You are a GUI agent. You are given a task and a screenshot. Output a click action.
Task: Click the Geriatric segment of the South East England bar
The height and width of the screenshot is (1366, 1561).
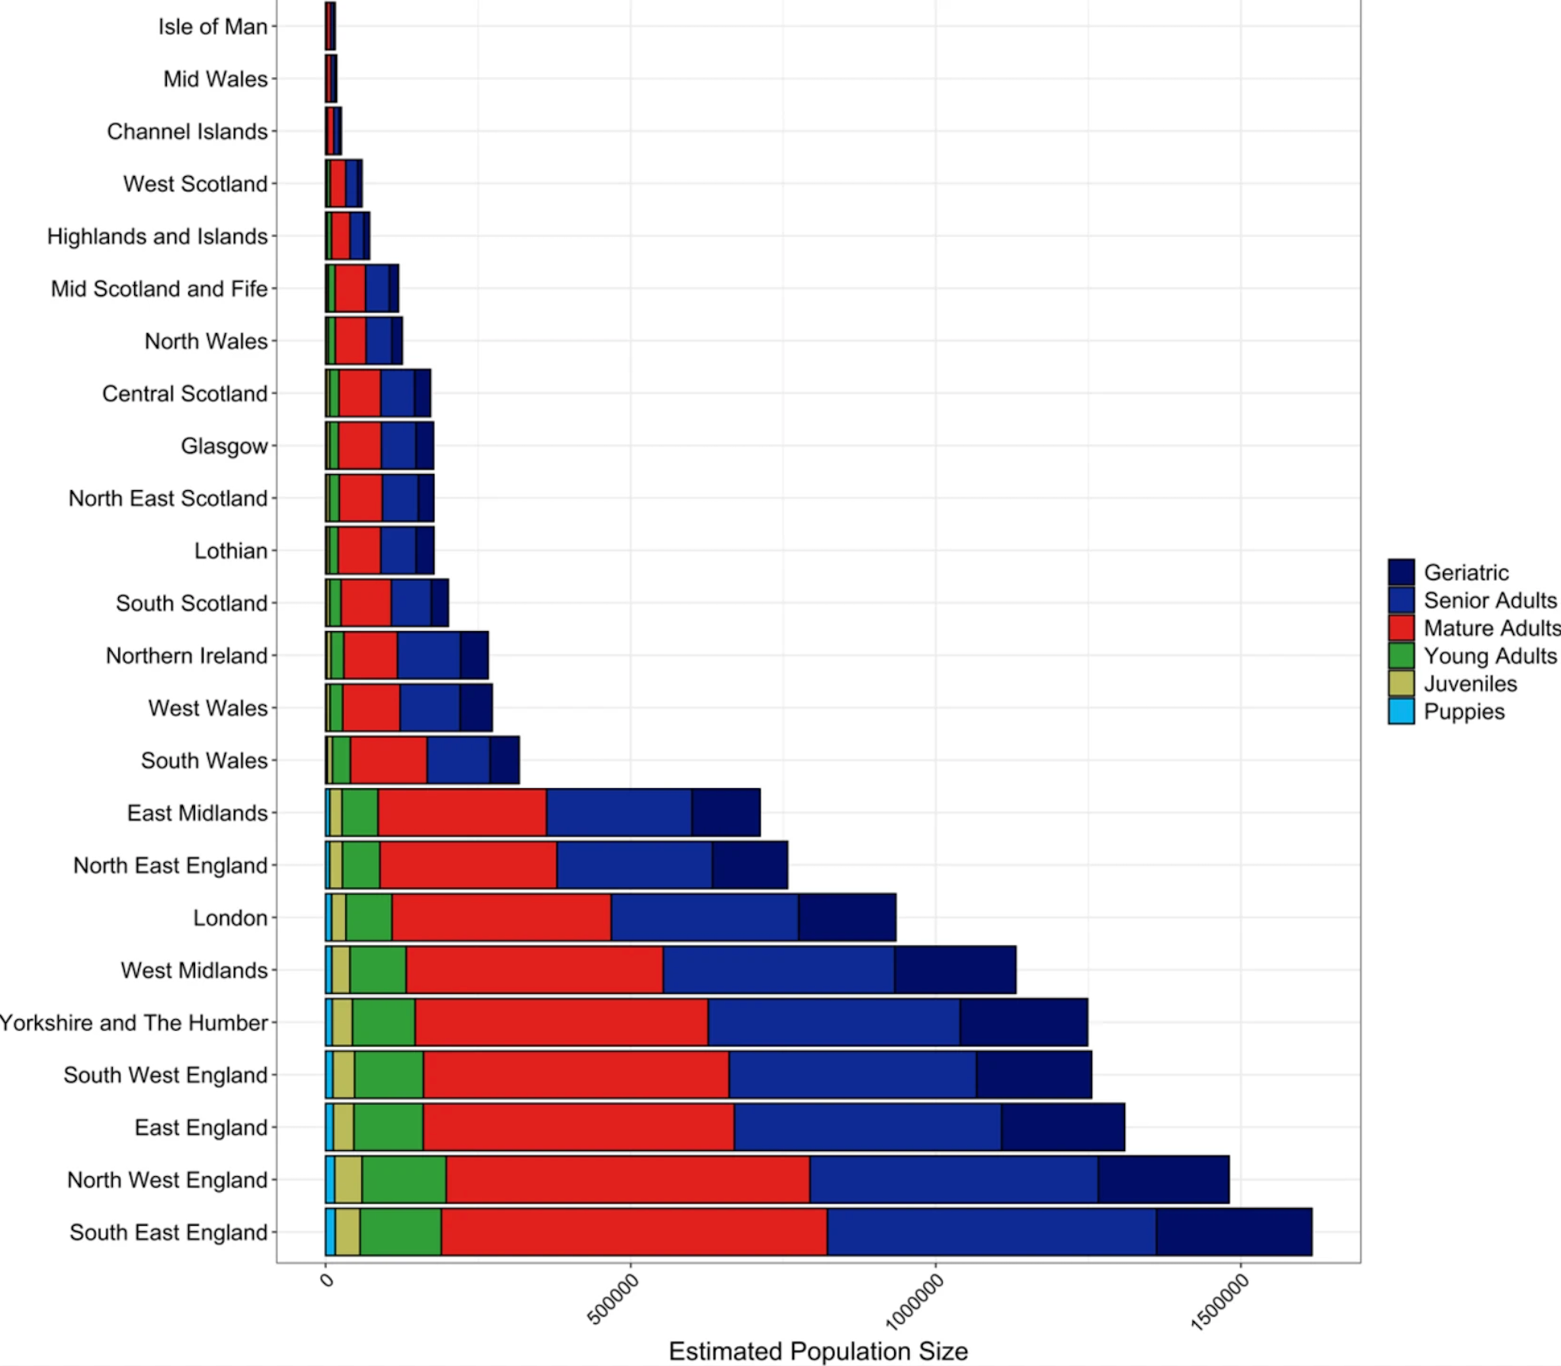1233,1232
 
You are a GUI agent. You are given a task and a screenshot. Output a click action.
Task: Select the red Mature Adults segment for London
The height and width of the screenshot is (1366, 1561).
501,918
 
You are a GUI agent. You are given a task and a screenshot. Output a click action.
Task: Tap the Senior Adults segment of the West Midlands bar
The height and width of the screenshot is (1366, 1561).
778,970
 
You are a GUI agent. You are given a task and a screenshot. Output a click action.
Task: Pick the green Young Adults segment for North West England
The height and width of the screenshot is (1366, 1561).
404,1179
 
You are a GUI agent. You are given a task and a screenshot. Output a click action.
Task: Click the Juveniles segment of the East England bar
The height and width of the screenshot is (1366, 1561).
343,1127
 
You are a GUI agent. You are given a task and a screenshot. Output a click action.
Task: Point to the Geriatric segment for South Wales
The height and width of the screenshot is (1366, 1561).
504,760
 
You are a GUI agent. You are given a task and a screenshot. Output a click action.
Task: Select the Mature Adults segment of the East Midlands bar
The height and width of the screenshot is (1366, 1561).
462,813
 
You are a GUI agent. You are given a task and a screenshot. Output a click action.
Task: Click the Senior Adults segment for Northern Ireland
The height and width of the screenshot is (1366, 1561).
428,656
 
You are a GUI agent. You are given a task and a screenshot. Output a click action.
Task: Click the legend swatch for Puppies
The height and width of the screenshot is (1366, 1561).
1401,711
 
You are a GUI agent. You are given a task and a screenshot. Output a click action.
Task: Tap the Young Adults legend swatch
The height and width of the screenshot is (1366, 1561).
1401,656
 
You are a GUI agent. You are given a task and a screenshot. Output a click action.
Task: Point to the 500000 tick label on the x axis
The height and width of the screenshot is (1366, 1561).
614,1299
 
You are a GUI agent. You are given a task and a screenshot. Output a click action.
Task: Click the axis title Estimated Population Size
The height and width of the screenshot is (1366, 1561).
818,1351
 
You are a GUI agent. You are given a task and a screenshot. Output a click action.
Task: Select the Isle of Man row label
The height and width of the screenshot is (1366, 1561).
213,27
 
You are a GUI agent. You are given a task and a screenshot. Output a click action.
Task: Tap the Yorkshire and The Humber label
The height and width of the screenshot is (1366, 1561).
134,1022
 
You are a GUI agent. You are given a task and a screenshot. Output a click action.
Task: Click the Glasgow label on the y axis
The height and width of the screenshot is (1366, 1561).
224,446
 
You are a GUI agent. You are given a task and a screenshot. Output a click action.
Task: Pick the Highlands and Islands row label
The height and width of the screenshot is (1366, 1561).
157,236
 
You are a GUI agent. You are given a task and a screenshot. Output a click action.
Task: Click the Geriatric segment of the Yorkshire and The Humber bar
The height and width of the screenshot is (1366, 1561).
1023,1022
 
